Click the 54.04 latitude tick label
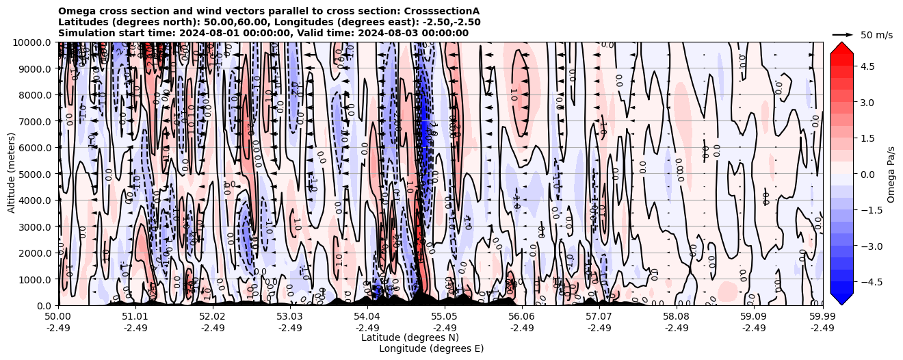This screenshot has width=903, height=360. pyautogui.click(x=367, y=317)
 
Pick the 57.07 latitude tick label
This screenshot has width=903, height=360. pyautogui.click(x=599, y=317)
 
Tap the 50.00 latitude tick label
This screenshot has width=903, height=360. pyautogui.click(x=58, y=317)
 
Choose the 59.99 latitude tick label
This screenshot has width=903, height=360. pyautogui.click(x=822, y=317)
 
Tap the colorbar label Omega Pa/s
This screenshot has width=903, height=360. pyautogui.click(x=891, y=174)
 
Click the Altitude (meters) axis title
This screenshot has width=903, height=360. pyautogui.click(x=12, y=174)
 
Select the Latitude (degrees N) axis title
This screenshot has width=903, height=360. pyautogui.click(x=410, y=337)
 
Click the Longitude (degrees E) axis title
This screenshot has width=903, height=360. pyautogui.click(x=431, y=348)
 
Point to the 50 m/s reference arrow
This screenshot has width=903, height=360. pyautogui.click(x=843, y=34)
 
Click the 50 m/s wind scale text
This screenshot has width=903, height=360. pyautogui.click(x=876, y=34)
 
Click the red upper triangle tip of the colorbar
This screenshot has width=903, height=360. pyautogui.click(x=841, y=44)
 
